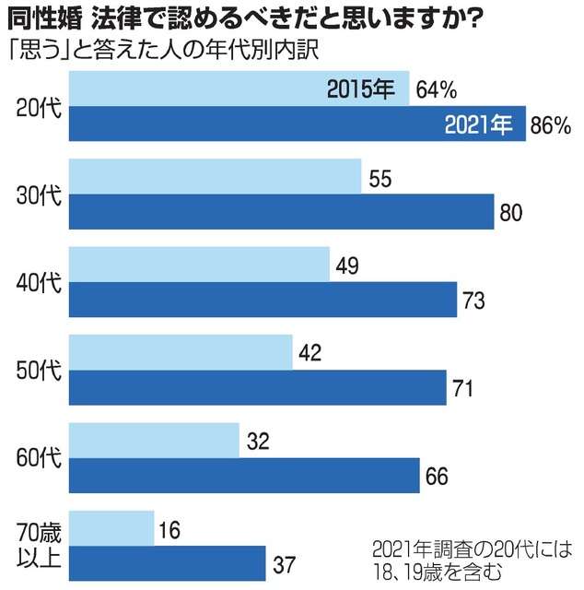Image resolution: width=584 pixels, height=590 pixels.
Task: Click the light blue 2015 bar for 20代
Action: pyautogui.click(x=239, y=89)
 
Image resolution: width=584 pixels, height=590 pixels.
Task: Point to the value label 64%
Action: pyautogui.click(x=437, y=89)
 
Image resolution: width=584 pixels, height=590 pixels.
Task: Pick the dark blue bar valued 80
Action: pyautogui.click(x=282, y=212)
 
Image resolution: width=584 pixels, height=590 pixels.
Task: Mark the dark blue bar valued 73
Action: pyautogui.click(x=263, y=300)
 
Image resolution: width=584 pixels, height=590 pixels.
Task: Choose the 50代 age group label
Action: pyautogui.click(x=40, y=370)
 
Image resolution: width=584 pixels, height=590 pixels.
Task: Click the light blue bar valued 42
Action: pyautogui.click(x=181, y=353)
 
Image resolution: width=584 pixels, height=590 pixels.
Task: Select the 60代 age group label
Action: pyautogui.click(x=40, y=457)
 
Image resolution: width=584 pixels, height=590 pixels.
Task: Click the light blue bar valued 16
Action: pyautogui.click(x=111, y=528)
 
